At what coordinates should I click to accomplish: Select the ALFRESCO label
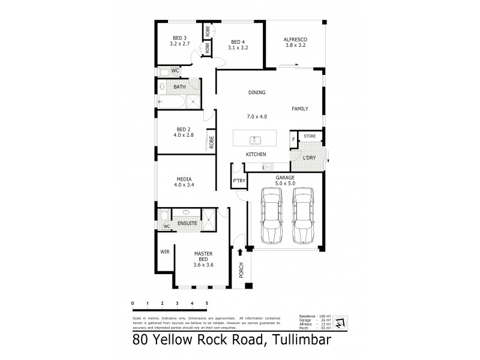295,40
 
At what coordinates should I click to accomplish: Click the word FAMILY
300,109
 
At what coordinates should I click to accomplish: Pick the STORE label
310,137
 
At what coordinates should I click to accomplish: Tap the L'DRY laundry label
309,157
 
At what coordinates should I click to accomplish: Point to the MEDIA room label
184,179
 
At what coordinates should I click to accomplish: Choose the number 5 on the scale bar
207,303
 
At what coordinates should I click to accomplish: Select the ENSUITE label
187,223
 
